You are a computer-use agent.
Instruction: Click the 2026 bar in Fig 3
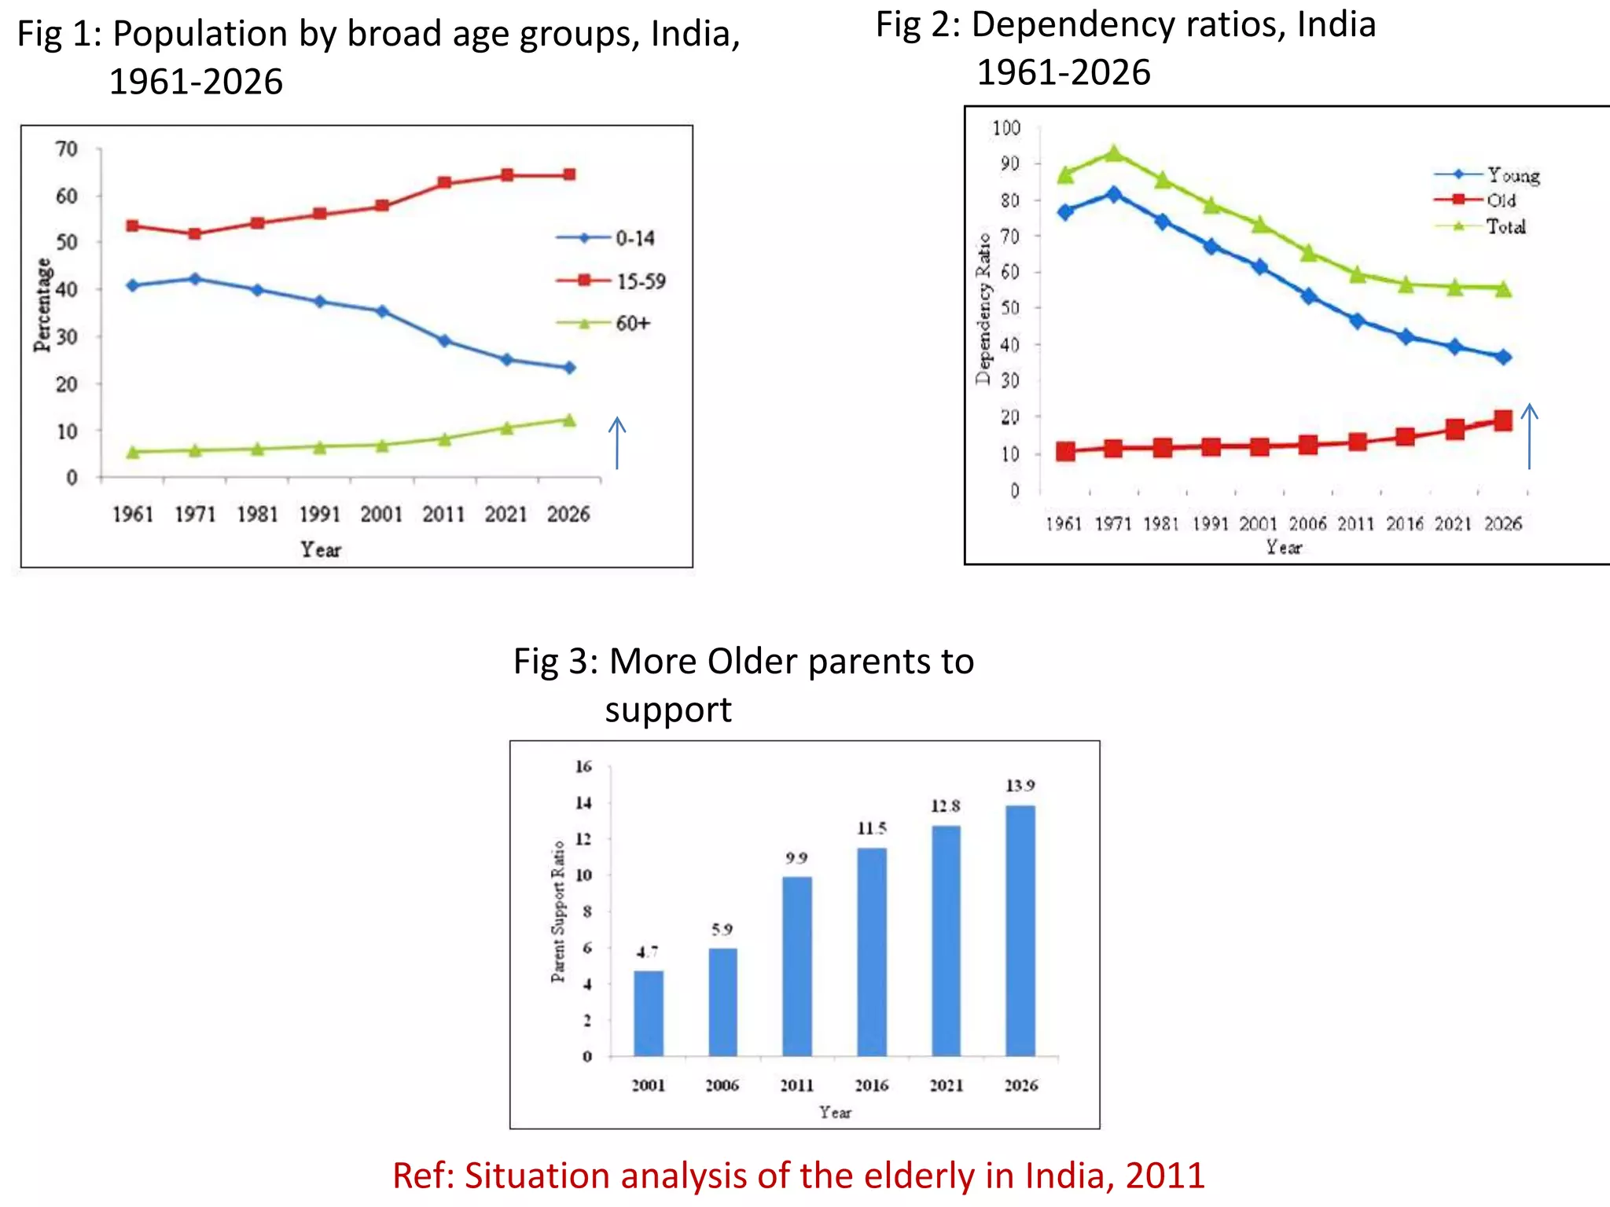tap(1020, 931)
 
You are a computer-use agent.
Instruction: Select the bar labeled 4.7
tap(649, 1014)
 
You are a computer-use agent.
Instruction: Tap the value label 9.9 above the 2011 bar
tap(796, 858)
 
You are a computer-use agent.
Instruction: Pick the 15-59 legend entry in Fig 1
tap(611, 281)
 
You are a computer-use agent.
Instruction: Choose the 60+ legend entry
tap(603, 323)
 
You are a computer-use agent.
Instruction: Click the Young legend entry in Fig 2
tap(1487, 174)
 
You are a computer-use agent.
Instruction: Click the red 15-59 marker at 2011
tap(444, 182)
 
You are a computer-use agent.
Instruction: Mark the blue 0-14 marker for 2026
tap(569, 367)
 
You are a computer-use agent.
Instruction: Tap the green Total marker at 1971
tap(1114, 153)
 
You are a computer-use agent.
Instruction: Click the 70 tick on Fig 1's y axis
tap(67, 149)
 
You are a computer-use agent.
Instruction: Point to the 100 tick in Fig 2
tap(1005, 127)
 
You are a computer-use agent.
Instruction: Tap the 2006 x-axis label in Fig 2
tap(1307, 523)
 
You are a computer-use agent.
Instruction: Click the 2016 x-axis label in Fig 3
tap(871, 1085)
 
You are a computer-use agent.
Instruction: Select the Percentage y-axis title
tap(42, 305)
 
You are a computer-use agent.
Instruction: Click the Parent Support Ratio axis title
tap(557, 912)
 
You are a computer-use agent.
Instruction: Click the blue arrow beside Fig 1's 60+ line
tap(617, 443)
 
